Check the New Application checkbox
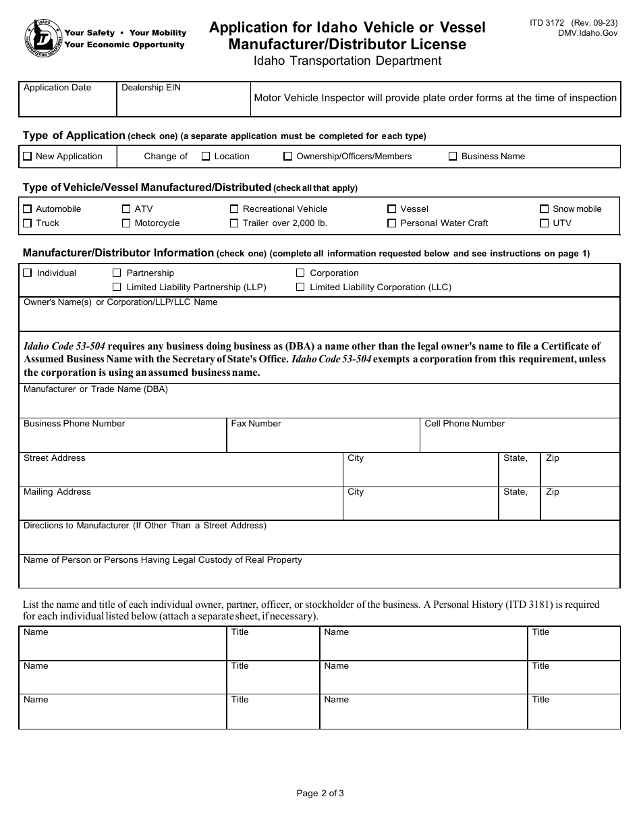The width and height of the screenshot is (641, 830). tap(27, 157)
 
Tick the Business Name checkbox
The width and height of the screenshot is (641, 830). tap(453, 157)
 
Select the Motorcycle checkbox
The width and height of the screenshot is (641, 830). tap(126, 223)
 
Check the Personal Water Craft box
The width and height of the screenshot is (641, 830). tap(392, 223)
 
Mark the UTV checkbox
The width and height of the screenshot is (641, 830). tap(545, 223)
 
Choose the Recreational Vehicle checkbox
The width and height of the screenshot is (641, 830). tap(234, 209)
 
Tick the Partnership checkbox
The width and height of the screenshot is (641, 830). tap(117, 273)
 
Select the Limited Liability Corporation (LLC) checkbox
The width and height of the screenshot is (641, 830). tap(300, 287)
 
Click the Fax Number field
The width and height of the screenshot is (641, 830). tap(323, 440)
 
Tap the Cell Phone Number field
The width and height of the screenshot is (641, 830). tap(520, 440)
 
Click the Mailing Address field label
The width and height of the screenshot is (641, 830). tap(57, 492)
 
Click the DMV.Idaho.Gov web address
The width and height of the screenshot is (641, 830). tap(588, 33)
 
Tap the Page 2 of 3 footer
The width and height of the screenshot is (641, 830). tap(320, 794)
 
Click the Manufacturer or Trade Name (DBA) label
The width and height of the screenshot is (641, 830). tap(96, 389)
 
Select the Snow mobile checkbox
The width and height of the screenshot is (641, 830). tap(545, 209)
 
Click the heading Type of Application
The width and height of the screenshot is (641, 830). tap(74, 136)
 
